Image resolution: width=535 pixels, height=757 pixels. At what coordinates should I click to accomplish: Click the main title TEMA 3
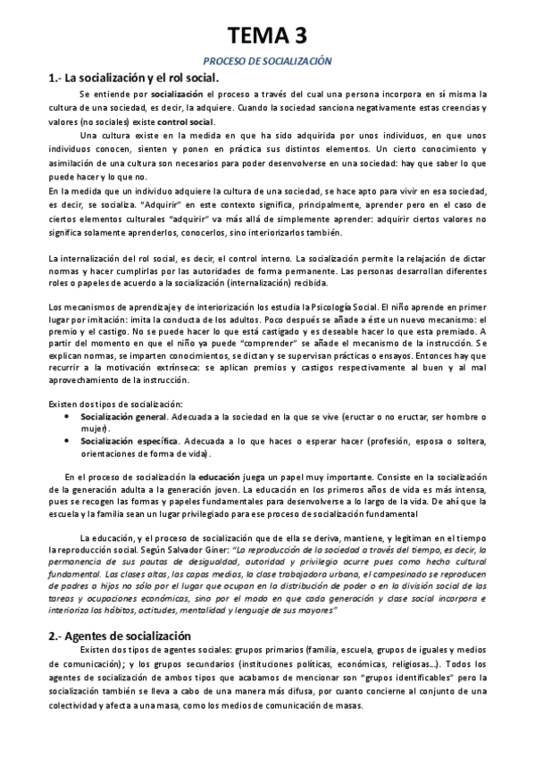pyautogui.click(x=267, y=35)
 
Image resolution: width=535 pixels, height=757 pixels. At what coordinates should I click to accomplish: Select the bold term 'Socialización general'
pyautogui.click(x=122, y=416)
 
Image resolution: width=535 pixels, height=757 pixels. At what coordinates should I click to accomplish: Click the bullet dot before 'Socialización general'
pyautogui.click(x=70, y=416)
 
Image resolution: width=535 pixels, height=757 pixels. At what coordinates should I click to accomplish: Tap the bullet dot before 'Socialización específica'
pyautogui.click(x=70, y=440)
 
